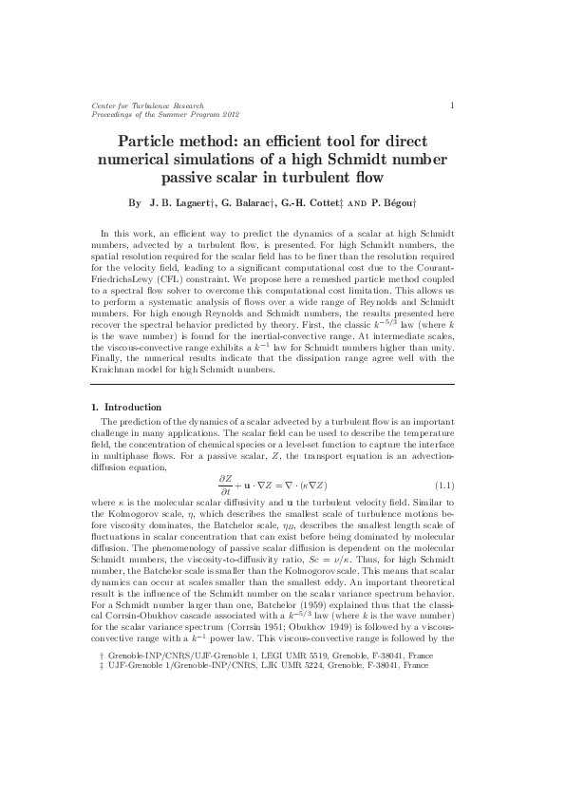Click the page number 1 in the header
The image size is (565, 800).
coord(452,105)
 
